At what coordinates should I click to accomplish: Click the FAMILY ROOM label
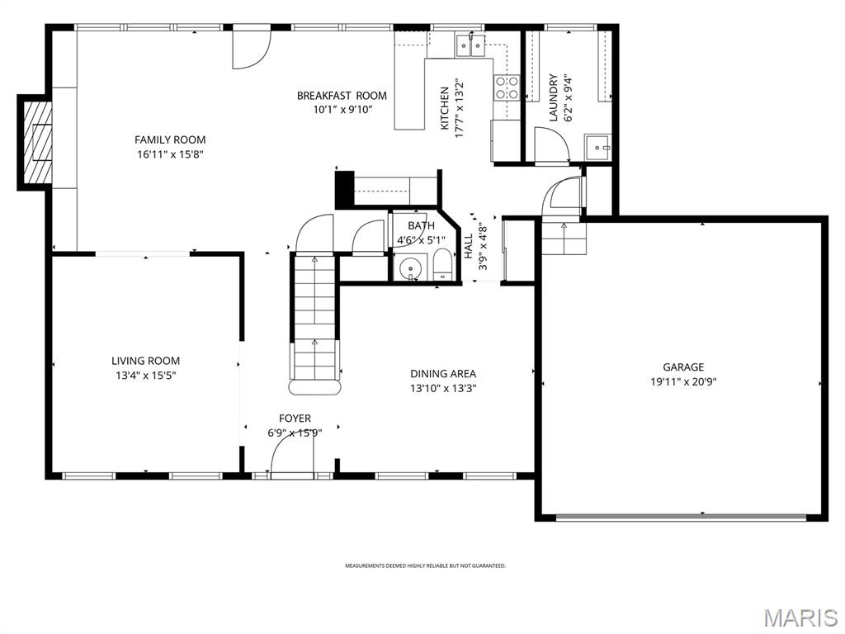[170, 140]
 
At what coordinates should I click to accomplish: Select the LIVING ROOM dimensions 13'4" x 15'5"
[145, 375]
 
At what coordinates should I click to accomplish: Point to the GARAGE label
[683, 367]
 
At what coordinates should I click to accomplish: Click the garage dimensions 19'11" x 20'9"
[683, 381]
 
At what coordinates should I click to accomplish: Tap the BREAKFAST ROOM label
[342, 96]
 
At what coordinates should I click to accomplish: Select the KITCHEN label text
[445, 108]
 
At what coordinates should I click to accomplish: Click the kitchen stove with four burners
[507, 88]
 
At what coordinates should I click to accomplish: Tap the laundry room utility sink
[597, 147]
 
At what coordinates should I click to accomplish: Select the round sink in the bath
[410, 269]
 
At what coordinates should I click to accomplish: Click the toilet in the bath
[442, 266]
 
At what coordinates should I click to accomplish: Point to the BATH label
[421, 225]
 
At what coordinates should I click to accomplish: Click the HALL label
[468, 246]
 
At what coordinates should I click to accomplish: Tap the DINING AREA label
[443, 373]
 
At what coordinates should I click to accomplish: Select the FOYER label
[295, 419]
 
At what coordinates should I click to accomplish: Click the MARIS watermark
[800, 617]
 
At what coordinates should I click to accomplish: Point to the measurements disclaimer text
[425, 566]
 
